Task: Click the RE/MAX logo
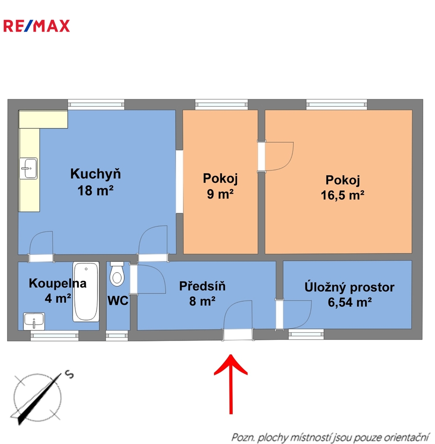[37, 26]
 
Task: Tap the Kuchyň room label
[95, 173]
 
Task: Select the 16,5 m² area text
[342, 195]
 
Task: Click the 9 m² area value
[220, 194]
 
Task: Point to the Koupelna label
[58, 283]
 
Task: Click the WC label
[118, 301]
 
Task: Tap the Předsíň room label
[202, 286]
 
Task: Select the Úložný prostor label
[349, 287]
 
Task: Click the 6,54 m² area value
[349, 302]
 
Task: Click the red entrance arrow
[231, 384]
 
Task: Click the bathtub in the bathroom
[86, 291]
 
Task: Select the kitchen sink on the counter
[29, 169]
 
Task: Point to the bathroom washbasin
[34, 321]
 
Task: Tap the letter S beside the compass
[69, 375]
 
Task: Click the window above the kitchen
[96, 104]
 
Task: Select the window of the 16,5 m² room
[336, 104]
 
